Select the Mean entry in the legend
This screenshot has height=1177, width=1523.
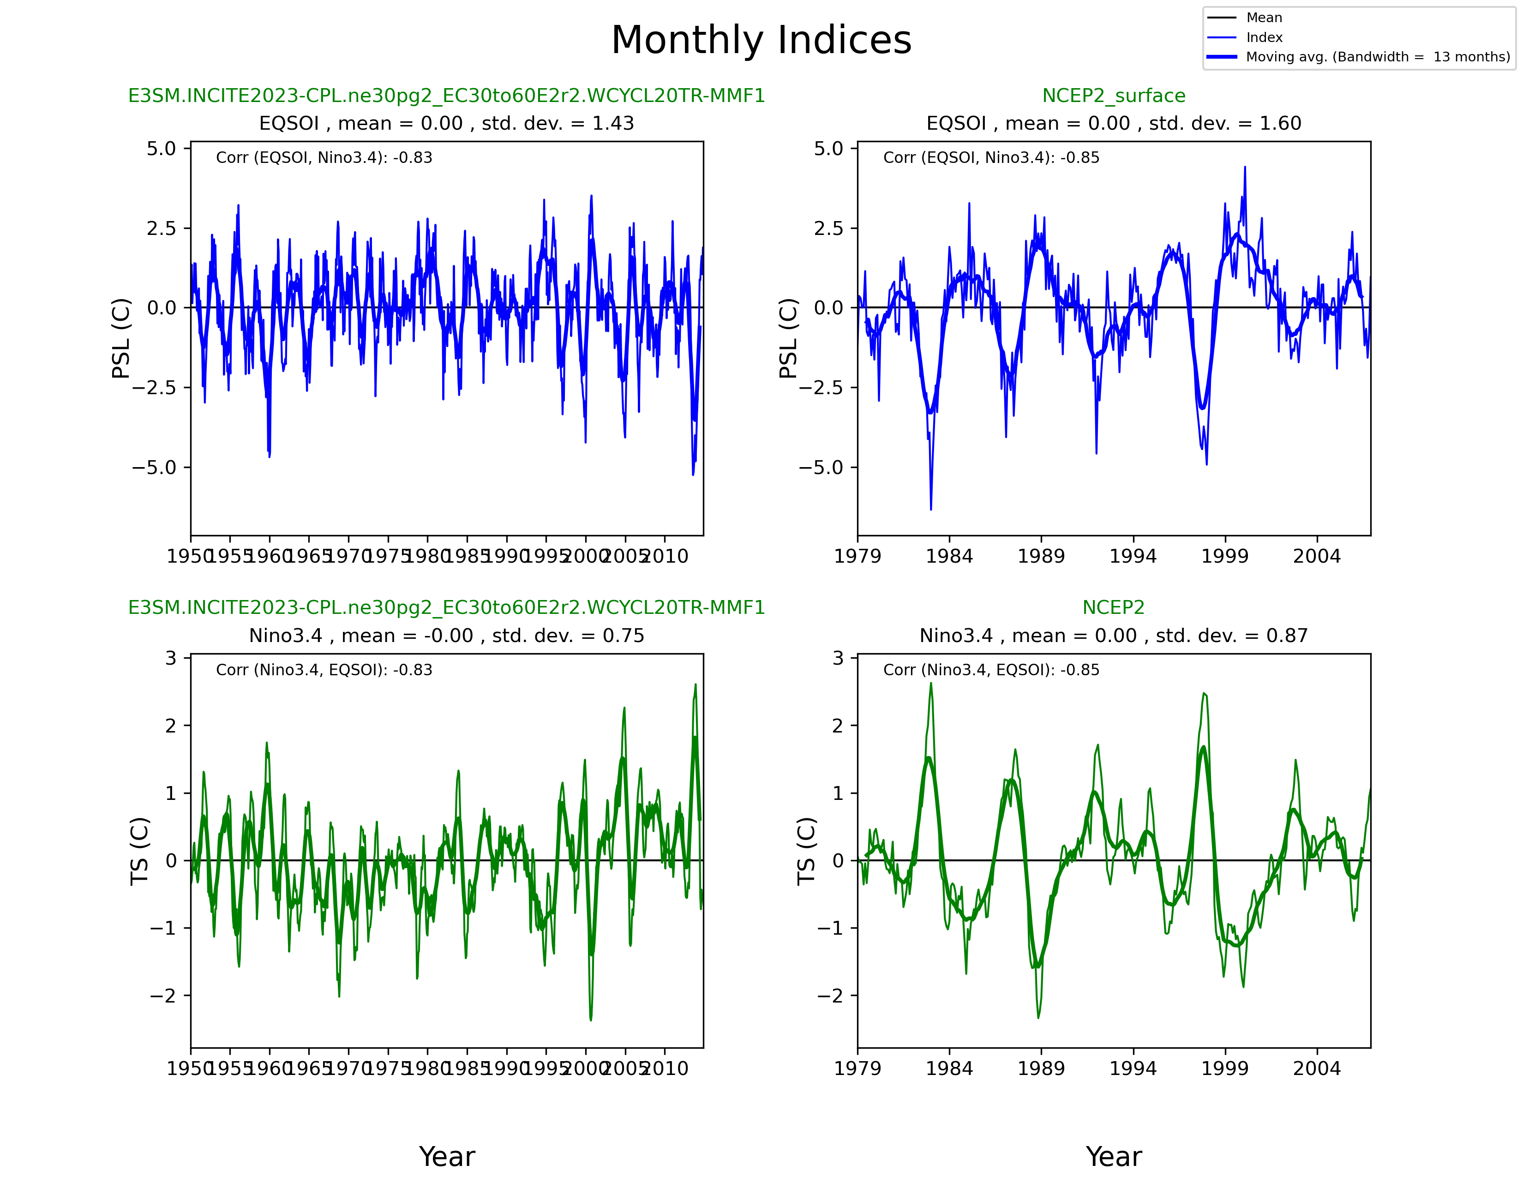pos(1264,18)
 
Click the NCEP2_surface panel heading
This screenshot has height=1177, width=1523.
pos(1113,96)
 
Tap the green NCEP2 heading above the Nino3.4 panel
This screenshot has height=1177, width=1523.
pos(1113,607)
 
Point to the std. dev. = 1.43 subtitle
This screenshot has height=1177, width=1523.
pos(446,123)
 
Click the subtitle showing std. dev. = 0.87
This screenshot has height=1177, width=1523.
pos(1113,636)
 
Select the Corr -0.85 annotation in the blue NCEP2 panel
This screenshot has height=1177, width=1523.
pos(991,157)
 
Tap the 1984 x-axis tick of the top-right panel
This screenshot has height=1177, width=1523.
pos(949,557)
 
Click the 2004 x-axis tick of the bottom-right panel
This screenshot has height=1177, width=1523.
pos(1317,1068)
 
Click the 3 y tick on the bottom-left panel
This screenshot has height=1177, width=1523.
pos(171,658)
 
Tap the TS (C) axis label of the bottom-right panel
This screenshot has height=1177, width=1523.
pos(806,851)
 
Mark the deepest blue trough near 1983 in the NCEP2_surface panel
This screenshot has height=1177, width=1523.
pos(931,508)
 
